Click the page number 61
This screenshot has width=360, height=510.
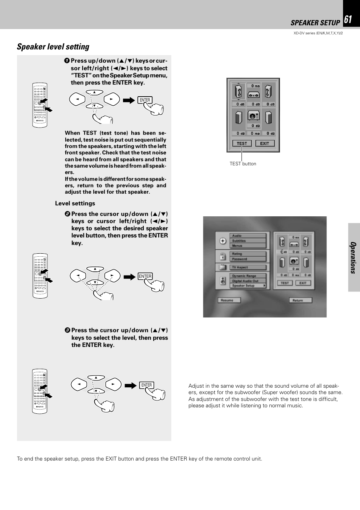tap(348, 20)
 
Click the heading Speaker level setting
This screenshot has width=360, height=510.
tap(53, 47)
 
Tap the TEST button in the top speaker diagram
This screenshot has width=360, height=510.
tap(242, 143)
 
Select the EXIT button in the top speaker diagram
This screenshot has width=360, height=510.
tap(265, 143)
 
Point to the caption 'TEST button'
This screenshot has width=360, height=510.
tap(243, 164)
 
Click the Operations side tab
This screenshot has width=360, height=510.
tap(354, 257)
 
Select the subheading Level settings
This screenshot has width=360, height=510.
tap(75, 203)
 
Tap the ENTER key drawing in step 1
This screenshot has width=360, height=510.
tap(145, 100)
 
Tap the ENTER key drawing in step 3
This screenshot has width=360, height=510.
tap(146, 385)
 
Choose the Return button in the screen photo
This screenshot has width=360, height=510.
tap(300, 300)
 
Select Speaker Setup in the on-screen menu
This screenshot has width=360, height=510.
tap(248, 286)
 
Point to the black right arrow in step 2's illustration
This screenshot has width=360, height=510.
tap(129, 277)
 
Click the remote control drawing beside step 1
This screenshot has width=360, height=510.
tap(40, 105)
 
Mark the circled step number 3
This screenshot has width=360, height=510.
tap(67, 330)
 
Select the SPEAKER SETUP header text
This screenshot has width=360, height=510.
tap(315, 23)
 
